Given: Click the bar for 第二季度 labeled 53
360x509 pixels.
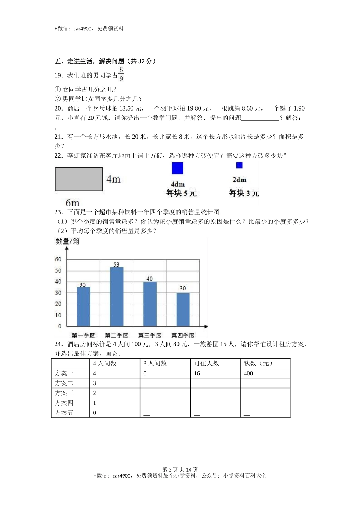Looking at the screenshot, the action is pyautogui.click(x=116, y=297).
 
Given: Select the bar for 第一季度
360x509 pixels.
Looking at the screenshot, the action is pyautogui.click(x=83, y=306).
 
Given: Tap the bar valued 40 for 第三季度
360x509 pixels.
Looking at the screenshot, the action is pyautogui.click(x=150, y=304).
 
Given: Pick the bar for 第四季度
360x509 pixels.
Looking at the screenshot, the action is pyautogui.click(x=183, y=309).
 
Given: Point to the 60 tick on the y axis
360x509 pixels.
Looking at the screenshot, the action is pyautogui.click(x=58, y=259).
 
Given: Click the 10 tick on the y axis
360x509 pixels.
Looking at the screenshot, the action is pyautogui.click(x=58, y=315).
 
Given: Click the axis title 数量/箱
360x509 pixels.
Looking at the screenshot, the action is pyautogui.click(x=67, y=241).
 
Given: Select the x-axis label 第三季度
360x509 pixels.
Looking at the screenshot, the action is pyautogui.click(x=150, y=335).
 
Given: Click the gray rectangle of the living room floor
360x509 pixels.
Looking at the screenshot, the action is pyautogui.click(x=79, y=179).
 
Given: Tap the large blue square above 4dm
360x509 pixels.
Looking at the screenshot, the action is pyautogui.click(x=177, y=168).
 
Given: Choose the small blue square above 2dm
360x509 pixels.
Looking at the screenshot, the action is pyautogui.click(x=239, y=166).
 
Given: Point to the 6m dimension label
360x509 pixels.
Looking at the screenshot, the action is pyautogui.click(x=72, y=203).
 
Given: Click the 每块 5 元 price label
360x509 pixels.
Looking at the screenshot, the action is pyautogui.click(x=182, y=193).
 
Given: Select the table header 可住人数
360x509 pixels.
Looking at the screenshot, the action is pyautogui.click(x=207, y=363).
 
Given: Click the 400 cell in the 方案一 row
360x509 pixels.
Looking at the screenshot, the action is pyautogui.click(x=249, y=373).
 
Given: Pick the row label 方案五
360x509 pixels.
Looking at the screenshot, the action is pyautogui.click(x=64, y=413).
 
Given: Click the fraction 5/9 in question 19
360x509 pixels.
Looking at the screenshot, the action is pyautogui.click(x=121, y=74).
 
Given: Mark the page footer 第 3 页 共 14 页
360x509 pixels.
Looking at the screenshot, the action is pyautogui.click(x=180, y=469).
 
